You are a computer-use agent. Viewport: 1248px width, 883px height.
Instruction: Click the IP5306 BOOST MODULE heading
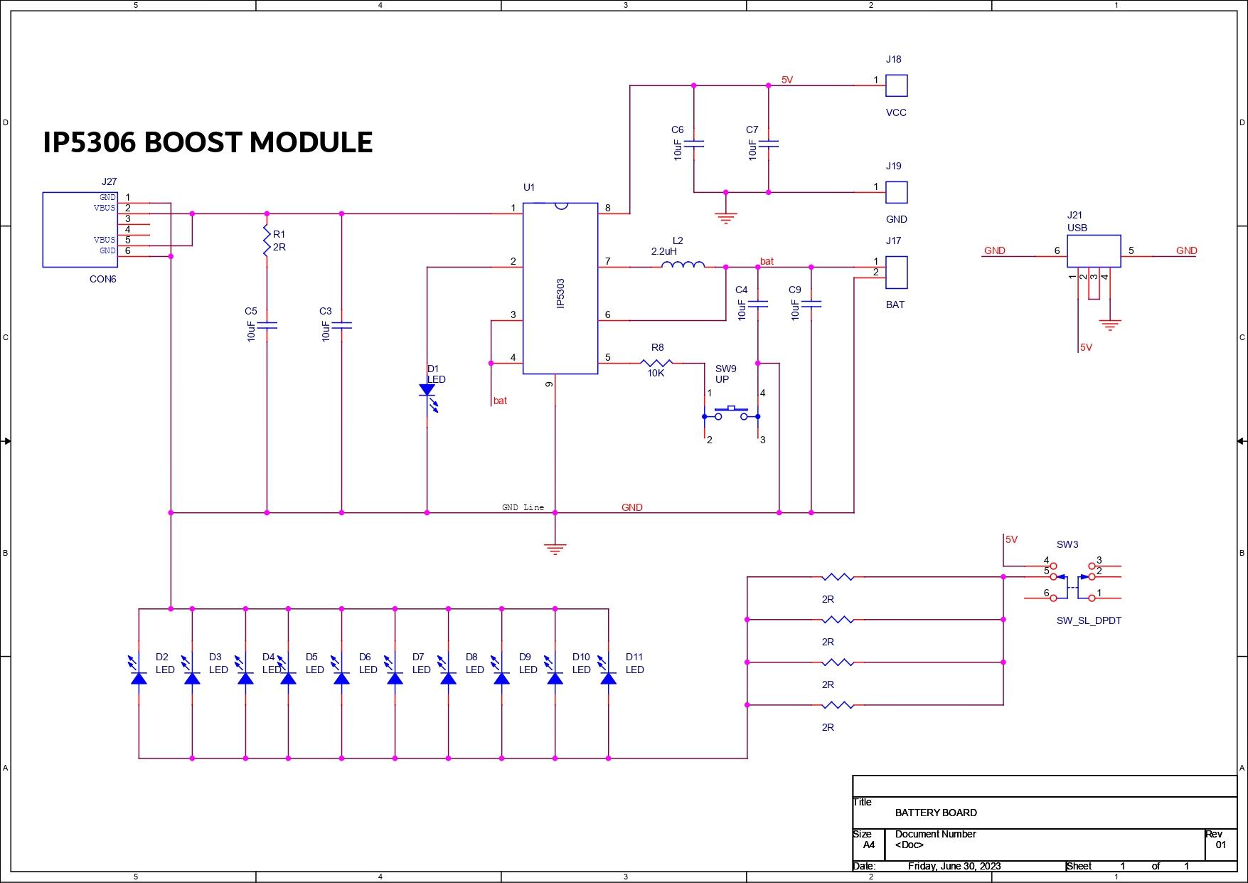click(x=208, y=142)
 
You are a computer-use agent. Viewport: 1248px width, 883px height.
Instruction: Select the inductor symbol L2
click(x=683, y=265)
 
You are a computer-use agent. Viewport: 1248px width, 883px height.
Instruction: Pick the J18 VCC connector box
click(x=896, y=85)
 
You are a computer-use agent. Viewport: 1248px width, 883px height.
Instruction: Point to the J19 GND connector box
click(x=896, y=192)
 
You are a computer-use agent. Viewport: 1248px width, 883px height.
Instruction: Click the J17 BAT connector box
click(x=896, y=273)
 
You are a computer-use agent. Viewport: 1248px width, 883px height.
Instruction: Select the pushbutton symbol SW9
click(x=731, y=413)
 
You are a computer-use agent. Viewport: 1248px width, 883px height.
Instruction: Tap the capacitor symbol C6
click(x=693, y=143)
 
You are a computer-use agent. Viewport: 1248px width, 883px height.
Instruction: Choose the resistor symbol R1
click(x=267, y=240)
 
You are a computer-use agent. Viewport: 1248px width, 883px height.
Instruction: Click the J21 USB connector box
click(x=1094, y=251)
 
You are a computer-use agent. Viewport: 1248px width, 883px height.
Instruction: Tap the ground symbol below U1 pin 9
click(x=555, y=548)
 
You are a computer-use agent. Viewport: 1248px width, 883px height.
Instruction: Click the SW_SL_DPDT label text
click(x=1089, y=620)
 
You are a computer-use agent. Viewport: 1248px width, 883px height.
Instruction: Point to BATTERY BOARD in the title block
click(x=935, y=813)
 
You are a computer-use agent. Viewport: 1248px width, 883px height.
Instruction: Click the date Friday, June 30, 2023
click(x=954, y=866)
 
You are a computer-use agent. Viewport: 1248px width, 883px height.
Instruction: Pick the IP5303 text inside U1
click(x=560, y=293)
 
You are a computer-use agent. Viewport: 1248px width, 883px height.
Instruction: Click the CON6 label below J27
click(x=102, y=279)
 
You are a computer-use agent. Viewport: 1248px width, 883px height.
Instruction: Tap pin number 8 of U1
click(x=607, y=208)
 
